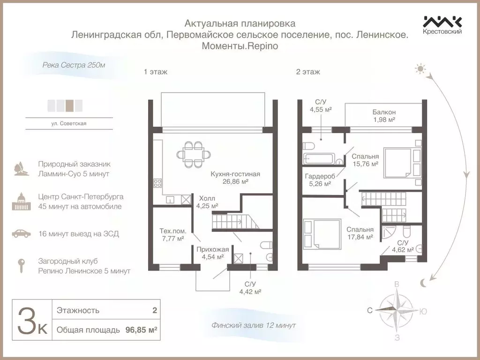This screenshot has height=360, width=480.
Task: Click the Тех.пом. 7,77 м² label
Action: pos(173,235)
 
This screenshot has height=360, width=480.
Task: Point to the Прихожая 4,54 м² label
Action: pos(209,253)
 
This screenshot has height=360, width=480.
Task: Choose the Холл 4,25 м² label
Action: pos(207,202)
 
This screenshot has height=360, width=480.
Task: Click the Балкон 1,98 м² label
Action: pos(384,116)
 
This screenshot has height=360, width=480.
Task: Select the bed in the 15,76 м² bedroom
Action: pos(402,162)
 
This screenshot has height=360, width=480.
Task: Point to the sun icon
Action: pos(420,69)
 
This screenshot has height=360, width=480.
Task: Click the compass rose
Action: pos(397,310)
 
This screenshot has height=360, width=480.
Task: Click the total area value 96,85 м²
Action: pos(141,330)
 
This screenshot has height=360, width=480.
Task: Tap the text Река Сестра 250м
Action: pos(74,65)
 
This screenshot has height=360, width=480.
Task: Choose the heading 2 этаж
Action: pos(308,72)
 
